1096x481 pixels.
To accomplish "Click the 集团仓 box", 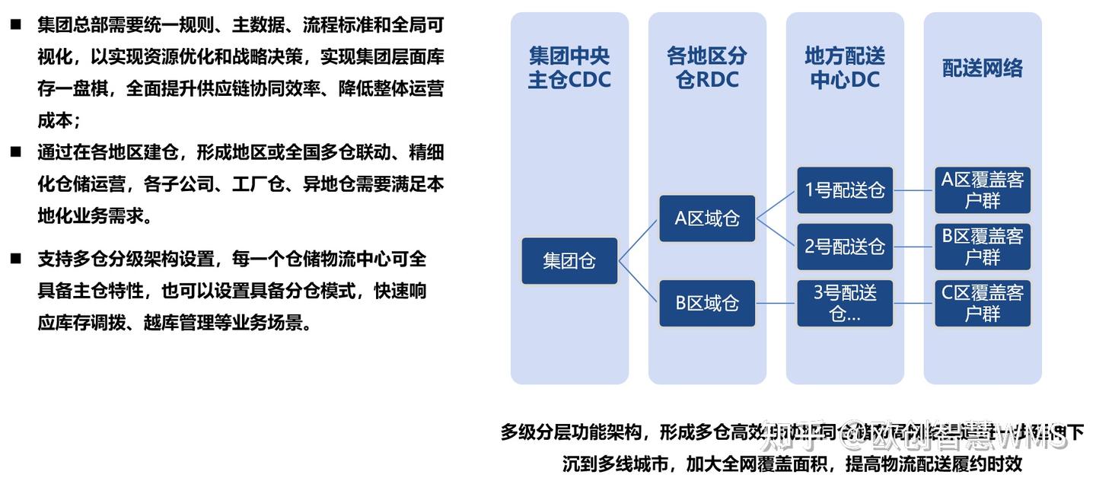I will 569,261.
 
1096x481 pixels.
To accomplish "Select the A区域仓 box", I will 707,218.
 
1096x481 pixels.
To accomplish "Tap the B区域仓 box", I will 707,303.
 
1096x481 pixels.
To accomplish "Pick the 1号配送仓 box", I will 845,190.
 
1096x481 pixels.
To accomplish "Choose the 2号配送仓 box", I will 845,247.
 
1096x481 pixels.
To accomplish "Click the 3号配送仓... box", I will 845,303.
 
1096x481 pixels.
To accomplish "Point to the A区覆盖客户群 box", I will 983,190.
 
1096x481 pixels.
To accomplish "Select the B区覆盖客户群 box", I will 983,247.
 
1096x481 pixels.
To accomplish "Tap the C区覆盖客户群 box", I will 983,303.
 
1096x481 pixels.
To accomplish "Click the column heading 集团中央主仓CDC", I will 569,68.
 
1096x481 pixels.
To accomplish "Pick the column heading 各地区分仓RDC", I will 707,68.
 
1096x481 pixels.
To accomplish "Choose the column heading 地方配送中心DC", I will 845,68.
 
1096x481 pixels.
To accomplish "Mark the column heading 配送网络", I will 983,68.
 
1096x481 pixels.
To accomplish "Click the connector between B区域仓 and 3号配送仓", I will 776,304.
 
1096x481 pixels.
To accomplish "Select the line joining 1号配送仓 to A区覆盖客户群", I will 914,190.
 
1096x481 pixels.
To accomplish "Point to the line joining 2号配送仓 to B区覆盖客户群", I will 914,247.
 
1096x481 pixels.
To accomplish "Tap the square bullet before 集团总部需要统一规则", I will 15,24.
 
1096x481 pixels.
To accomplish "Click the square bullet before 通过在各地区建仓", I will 15,151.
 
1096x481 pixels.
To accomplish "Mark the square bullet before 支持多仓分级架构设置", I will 15,258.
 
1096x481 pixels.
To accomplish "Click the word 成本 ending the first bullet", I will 56,120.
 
